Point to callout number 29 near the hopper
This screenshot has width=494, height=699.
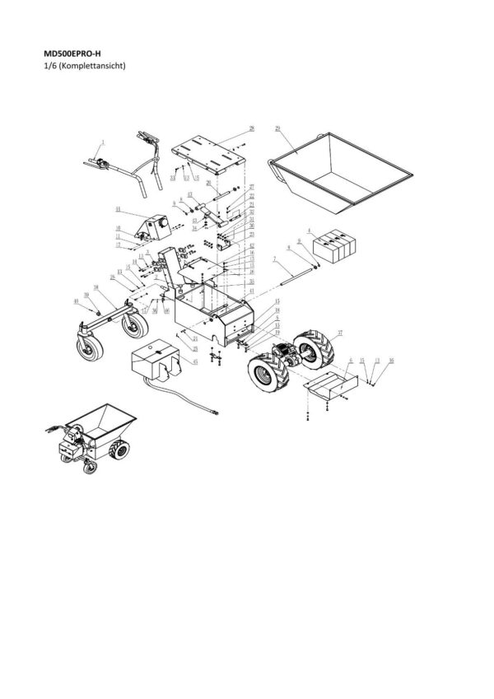click(277, 128)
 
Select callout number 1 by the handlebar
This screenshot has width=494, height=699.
click(104, 142)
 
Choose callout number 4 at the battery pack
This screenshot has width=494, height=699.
click(308, 231)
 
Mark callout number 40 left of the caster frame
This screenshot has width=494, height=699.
click(77, 301)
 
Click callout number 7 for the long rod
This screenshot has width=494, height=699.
click(273, 259)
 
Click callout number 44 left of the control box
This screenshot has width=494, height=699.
click(119, 210)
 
